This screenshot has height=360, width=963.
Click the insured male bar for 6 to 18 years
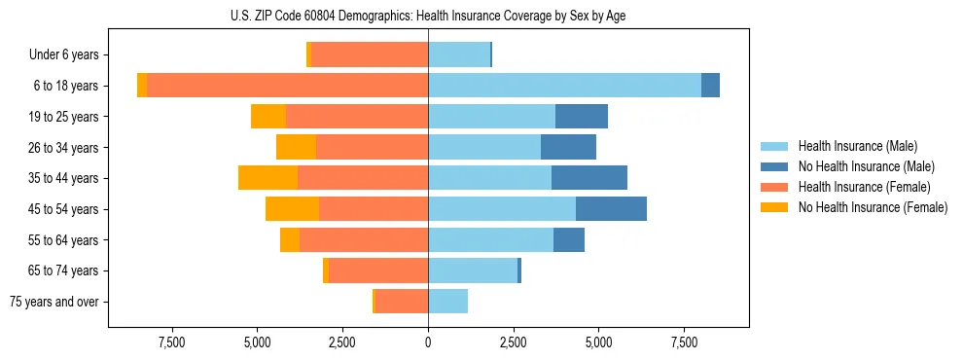tap(564, 85)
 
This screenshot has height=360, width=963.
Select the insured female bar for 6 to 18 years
tap(287, 85)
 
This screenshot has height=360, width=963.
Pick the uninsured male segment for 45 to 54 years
tap(611, 208)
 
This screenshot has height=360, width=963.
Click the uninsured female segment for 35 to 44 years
tap(267, 178)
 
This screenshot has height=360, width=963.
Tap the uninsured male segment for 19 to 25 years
tap(582, 116)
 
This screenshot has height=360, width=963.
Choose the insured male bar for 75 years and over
tap(447, 302)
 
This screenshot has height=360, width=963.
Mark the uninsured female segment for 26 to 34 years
tap(296, 147)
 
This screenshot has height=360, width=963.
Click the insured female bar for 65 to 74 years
tap(378, 270)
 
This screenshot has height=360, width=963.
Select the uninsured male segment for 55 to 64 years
tap(569, 239)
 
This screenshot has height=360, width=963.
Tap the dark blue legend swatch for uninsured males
tap(774, 166)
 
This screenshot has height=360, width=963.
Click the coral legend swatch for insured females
tap(774, 187)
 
